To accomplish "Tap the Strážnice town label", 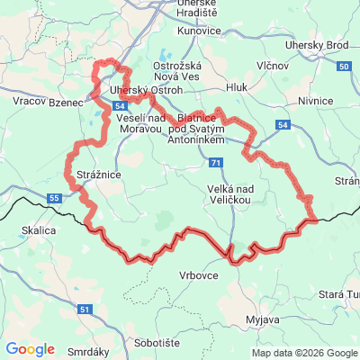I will pos(87,175).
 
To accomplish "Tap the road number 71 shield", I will pos(215,163).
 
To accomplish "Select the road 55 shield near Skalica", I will pos(55,197).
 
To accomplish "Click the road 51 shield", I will pos(84,310).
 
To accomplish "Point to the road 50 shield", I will pos(344,67).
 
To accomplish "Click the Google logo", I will pos(30,349).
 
